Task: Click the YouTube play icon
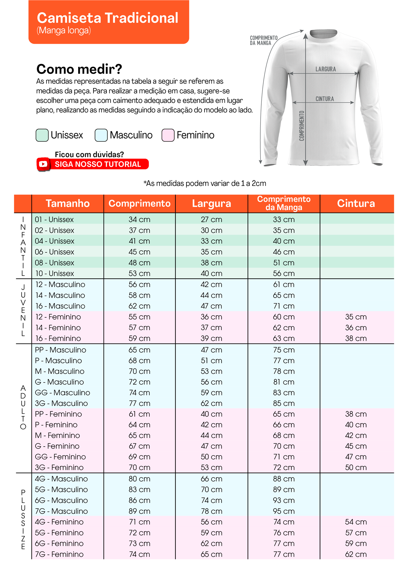[x=43, y=164]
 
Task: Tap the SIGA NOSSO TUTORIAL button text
[x=98, y=164]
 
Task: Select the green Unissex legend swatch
[x=42, y=135]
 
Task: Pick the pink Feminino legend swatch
[x=168, y=135]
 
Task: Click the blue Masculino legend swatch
[x=101, y=135]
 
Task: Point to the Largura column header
[x=212, y=204]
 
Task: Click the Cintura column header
[x=356, y=204]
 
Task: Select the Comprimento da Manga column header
[x=284, y=203]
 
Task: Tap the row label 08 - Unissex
[x=55, y=263]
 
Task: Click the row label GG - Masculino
[x=62, y=393]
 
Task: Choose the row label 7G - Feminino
[x=59, y=554]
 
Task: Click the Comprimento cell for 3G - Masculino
[x=139, y=403]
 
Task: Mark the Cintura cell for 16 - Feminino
[x=356, y=338]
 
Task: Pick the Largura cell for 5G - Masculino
[x=212, y=490]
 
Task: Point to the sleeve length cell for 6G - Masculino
[x=284, y=501]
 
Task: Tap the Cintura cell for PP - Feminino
[x=356, y=414]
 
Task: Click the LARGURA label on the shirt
[x=325, y=69]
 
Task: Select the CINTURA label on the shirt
[x=325, y=99]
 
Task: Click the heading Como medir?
[x=79, y=69]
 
